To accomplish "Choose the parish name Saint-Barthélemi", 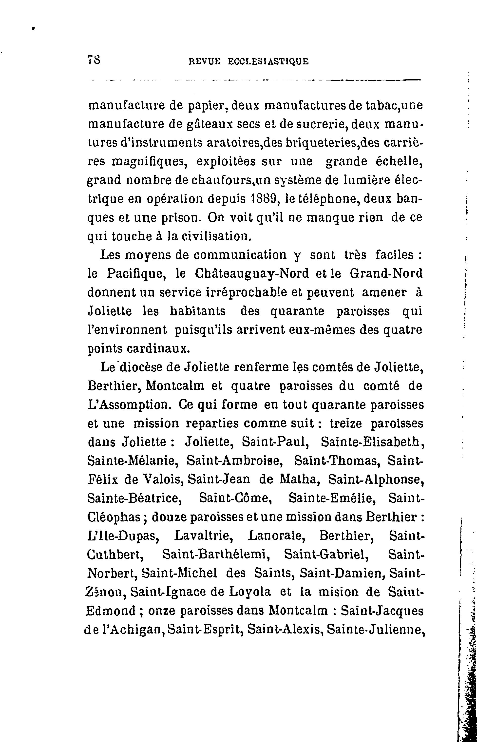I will (x=215, y=555).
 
